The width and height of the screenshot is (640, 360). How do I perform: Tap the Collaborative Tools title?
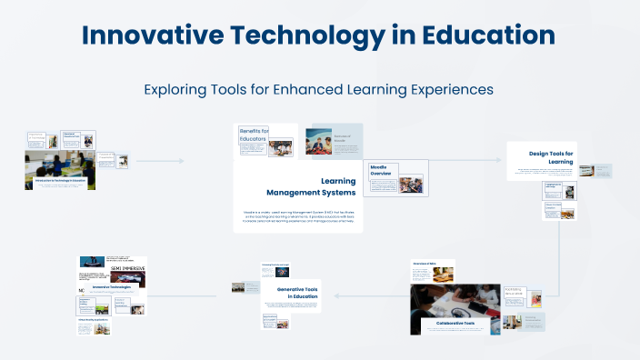(x=455, y=323)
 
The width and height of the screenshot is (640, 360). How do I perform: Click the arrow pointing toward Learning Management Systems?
(x=182, y=162)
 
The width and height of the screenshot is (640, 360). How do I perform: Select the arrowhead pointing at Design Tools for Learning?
(x=497, y=160)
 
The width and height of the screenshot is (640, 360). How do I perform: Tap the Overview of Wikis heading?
(x=426, y=263)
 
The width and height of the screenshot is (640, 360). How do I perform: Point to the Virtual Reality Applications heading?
(x=91, y=320)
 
